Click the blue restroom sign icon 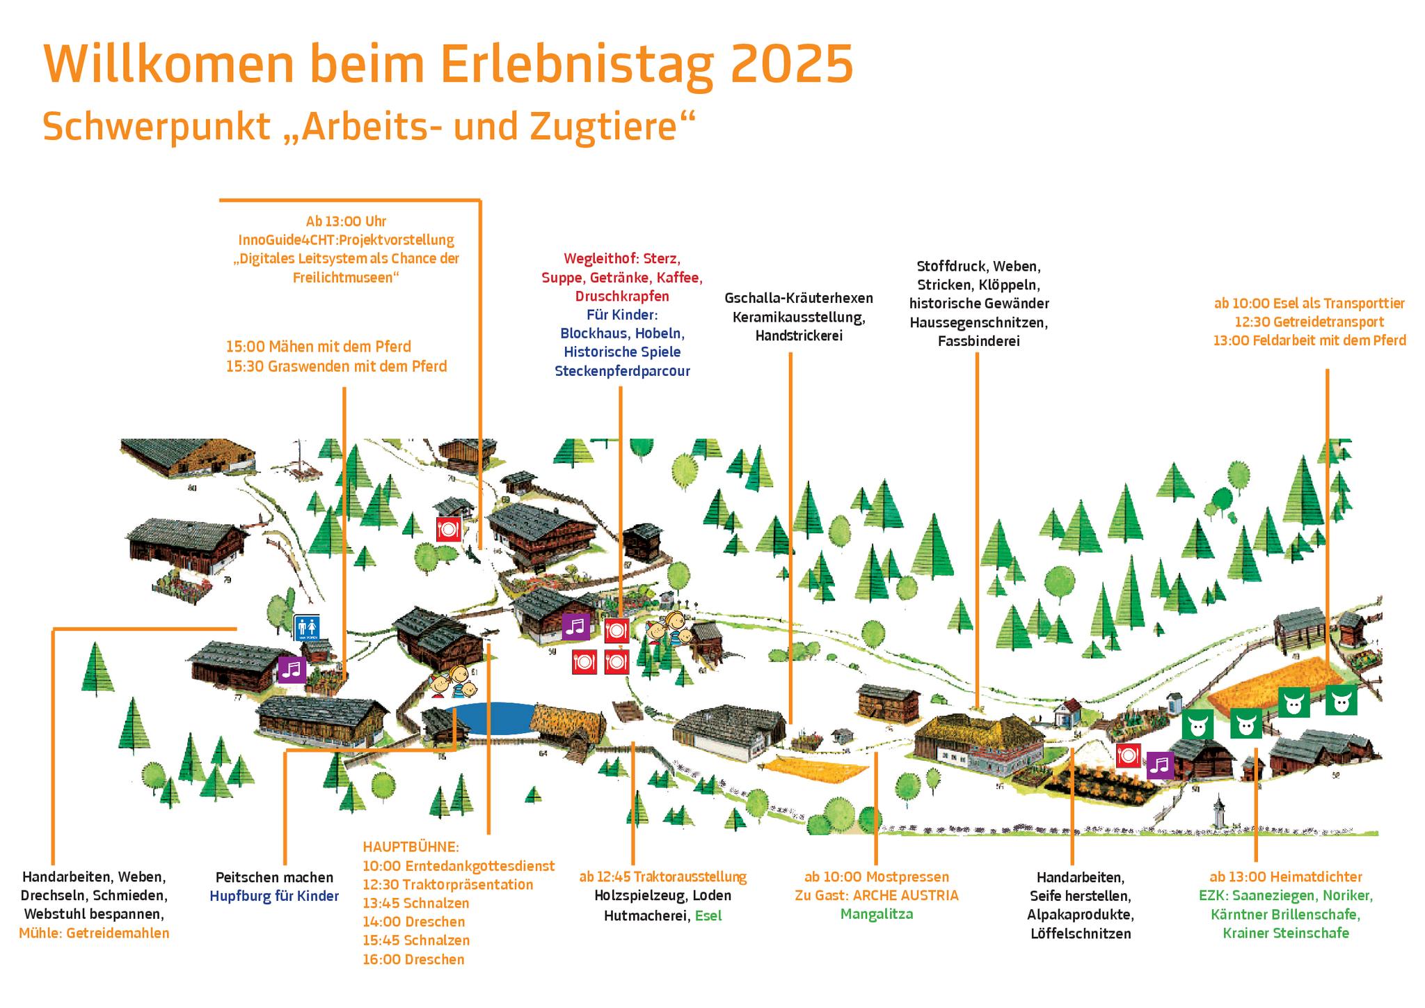[x=306, y=628]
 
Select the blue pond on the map [x=490, y=719]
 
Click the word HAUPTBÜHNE [x=411, y=847]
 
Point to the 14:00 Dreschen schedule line [x=413, y=922]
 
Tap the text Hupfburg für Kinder [x=274, y=896]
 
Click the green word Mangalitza [x=876, y=914]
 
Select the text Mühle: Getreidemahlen [x=94, y=934]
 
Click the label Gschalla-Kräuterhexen [x=798, y=298]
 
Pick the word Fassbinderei [x=978, y=341]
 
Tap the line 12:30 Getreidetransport [x=1309, y=322]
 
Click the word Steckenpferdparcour [x=622, y=371]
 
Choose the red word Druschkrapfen [x=622, y=296]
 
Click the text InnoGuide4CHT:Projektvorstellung [x=346, y=240]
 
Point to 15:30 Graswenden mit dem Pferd [x=336, y=366]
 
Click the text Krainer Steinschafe [x=1286, y=933]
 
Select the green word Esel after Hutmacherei [x=708, y=915]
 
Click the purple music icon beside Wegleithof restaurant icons [x=576, y=627]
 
